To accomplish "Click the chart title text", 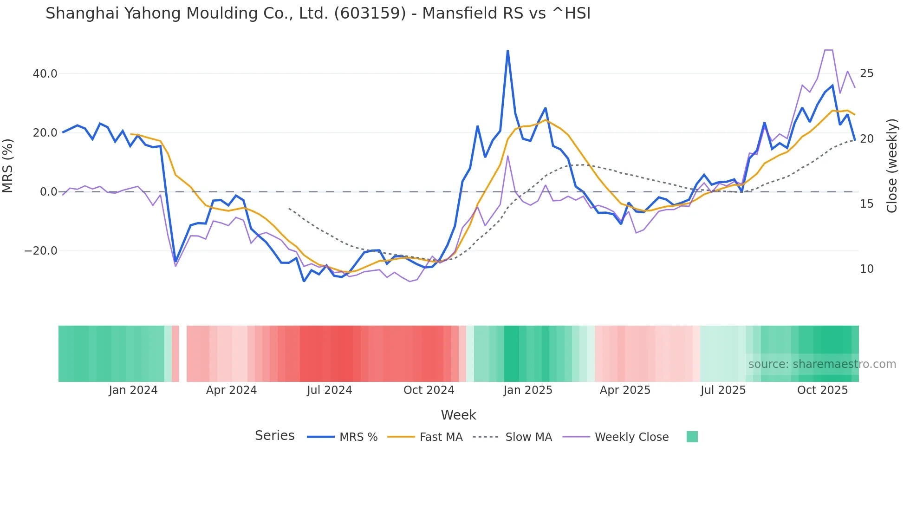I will pyautogui.click(x=318, y=13).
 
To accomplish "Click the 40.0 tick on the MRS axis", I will pyautogui.click(x=45, y=74).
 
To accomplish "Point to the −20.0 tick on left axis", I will pyautogui.click(x=41, y=251).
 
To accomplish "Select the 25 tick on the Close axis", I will pyautogui.click(x=866, y=73).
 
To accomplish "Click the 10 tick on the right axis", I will pyautogui.click(x=866, y=269).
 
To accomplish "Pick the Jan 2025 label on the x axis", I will pyautogui.click(x=527, y=390).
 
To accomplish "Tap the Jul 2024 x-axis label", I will pyautogui.click(x=329, y=390).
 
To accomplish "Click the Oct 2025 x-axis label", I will pyautogui.click(x=822, y=390).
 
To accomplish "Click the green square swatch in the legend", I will pyautogui.click(x=692, y=437).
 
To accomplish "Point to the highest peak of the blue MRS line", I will pyautogui.click(x=507, y=51).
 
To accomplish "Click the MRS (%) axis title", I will pyautogui.click(x=8, y=165).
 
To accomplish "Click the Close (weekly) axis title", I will pyautogui.click(x=891, y=166).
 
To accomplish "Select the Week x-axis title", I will pyautogui.click(x=458, y=415).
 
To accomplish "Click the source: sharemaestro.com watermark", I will pyautogui.click(x=822, y=364).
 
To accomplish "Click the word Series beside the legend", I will pyautogui.click(x=274, y=436).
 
